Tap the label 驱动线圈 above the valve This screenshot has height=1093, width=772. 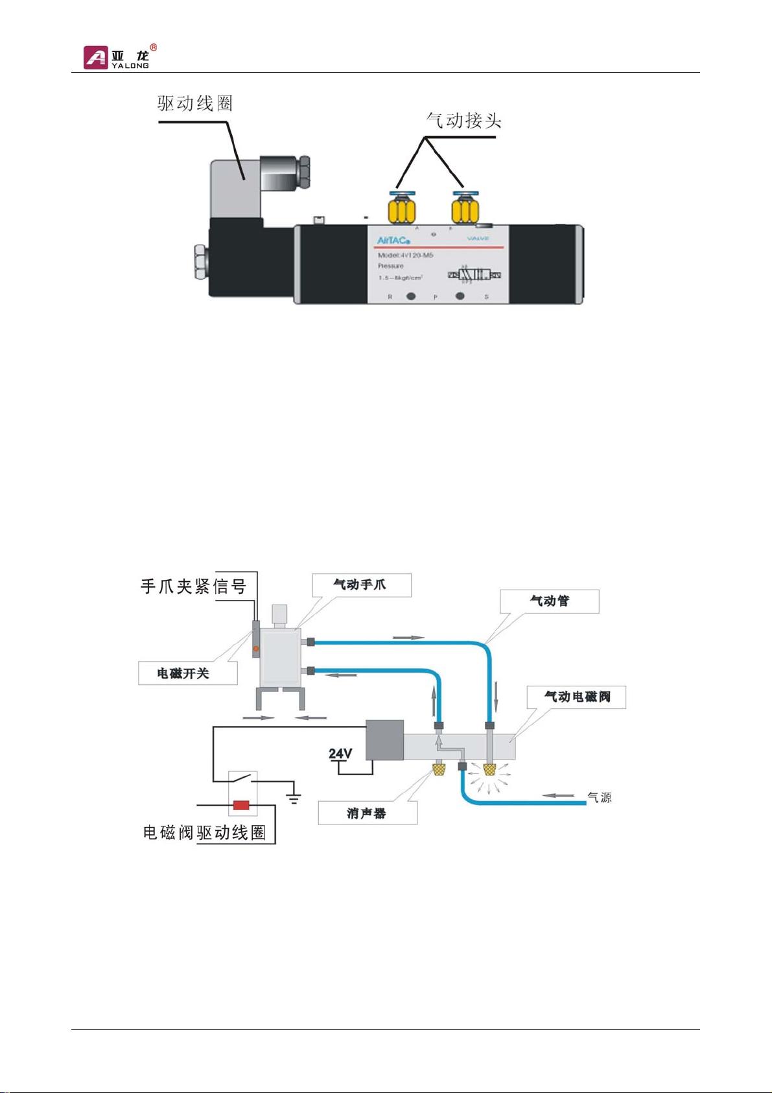click(195, 104)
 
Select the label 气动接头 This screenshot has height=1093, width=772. click(464, 121)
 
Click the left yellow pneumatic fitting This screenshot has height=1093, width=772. click(401, 210)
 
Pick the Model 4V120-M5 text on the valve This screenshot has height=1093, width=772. click(405, 256)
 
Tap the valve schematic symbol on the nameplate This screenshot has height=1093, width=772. click(474, 275)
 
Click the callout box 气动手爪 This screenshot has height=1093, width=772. click(360, 584)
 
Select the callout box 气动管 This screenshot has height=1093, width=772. click(550, 601)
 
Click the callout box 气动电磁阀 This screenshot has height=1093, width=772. click(576, 697)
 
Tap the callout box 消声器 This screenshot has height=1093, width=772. click(367, 813)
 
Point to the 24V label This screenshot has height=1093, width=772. click(340, 754)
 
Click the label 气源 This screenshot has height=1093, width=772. click(599, 797)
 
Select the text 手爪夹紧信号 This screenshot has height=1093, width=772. click(193, 586)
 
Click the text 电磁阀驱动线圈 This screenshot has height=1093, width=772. click(204, 832)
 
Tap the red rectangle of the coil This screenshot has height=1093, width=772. click(242, 806)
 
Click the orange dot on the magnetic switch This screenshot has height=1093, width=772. click(256, 648)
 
